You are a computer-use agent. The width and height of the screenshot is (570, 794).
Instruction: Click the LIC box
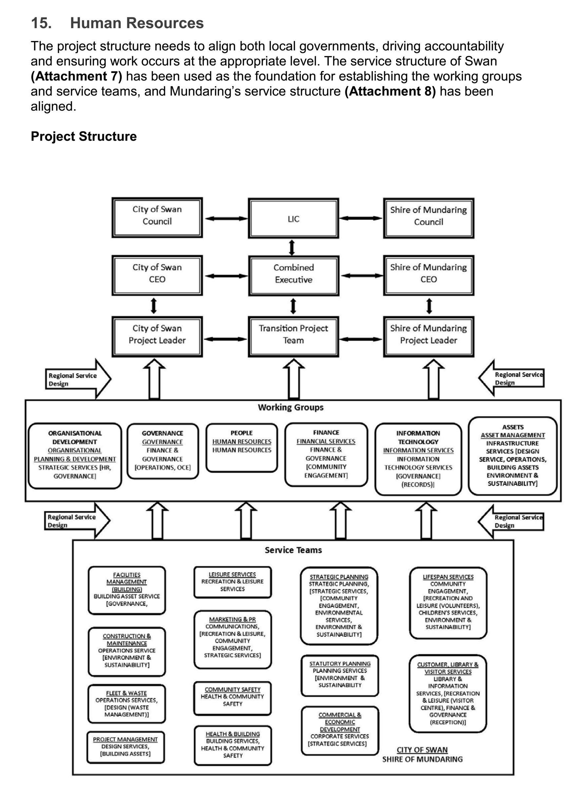pyautogui.click(x=293, y=218)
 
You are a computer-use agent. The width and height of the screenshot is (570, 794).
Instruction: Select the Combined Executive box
pyautogui.click(x=293, y=276)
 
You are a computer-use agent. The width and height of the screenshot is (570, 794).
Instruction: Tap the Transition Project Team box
pyautogui.click(x=293, y=336)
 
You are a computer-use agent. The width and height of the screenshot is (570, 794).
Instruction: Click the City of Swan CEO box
pyautogui.click(x=157, y=275)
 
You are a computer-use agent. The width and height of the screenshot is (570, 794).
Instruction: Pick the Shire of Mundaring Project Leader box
pyautogui.click(x=428, y=336)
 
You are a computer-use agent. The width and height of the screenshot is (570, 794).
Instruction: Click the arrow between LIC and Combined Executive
pyautogui.click(x=292, y=247)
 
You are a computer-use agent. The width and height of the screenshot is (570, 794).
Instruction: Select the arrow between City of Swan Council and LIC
pyautogui.click(x=226, y=218)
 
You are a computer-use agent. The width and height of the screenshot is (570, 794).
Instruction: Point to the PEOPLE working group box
pyautogui.click(x=241, y=447)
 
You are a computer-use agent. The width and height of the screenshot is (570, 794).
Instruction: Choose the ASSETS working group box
pyautogui.click(x=512, y=456)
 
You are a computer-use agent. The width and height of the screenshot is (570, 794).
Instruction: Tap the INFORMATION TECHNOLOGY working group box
pyautogui.click(x=418, y=459)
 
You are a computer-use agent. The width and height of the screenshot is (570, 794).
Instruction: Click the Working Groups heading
pyautogui.click(x=291, y=407)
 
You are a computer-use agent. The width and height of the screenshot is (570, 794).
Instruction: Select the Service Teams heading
pyautogui.click(x=293, y=550)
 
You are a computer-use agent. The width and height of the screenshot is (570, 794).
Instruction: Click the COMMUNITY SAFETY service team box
pyautogui.click(x=232, y=698)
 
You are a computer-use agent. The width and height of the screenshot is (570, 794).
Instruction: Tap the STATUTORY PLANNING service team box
pyautogui.click(x=339, y=675)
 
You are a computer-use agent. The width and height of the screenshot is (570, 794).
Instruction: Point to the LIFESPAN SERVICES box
pyautogui.click(x=448, y=602)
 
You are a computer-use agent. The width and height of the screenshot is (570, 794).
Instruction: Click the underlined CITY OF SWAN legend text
pyautogui.click(x=422, y=750)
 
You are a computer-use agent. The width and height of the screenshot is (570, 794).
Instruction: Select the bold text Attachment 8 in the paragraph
pyautogui.click(x=390, y=91)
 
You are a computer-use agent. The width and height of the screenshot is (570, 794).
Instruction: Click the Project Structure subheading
pyautogui.click(x=84, y=136)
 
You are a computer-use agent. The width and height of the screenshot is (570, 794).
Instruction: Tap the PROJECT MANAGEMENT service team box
pyautogui.click(x=125, y=747)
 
